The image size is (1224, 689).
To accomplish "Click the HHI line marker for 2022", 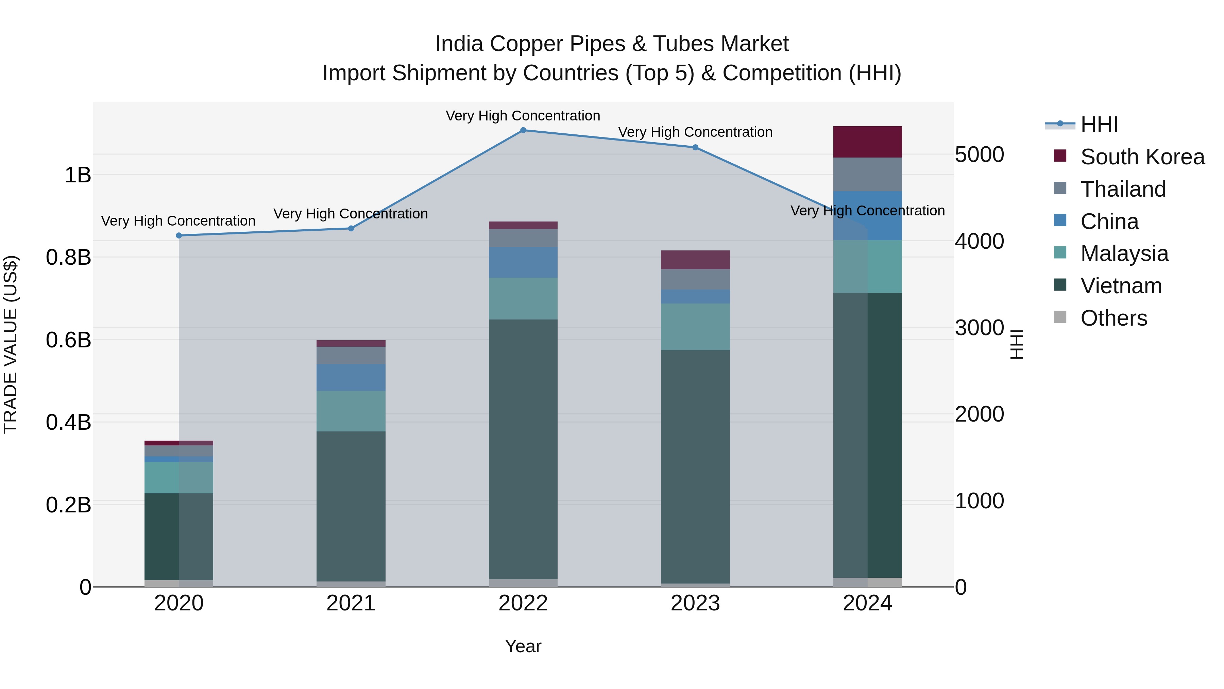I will click(523, 130).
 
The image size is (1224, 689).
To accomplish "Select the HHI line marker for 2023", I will click(695, 147).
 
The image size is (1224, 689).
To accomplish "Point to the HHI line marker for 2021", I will click(351, 228).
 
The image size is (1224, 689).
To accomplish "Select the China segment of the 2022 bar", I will click(523, 262).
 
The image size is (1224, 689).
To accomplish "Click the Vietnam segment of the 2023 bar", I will click(695, 466).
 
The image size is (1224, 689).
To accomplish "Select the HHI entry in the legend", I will click(1099, 125).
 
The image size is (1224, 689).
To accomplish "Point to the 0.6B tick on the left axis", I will click(68, 340).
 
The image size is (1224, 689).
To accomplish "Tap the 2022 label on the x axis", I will click(523, 603).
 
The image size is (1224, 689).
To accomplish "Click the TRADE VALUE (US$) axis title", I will click(11, 344).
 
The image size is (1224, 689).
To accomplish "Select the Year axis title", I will click(523, 646).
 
